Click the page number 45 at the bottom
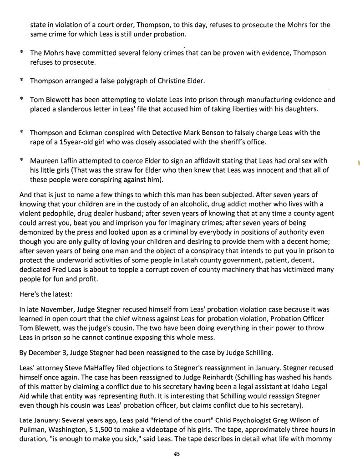tap(177, 454)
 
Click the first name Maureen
tap(45, 161)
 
